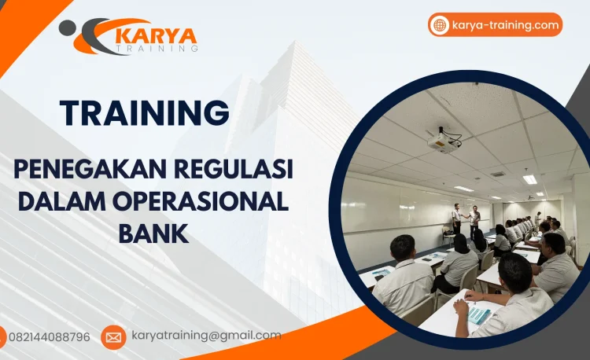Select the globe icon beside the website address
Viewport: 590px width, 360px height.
point(440,25)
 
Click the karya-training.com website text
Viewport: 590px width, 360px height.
point(505,25)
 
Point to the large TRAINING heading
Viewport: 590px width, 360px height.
point(145,112)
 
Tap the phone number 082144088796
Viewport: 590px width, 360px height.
point(49,337)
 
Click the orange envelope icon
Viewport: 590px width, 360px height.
point(113,337)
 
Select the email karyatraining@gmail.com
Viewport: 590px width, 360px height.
point(206,336)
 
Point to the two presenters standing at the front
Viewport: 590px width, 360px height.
point(465,219)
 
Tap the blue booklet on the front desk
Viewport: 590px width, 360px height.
point(480,314)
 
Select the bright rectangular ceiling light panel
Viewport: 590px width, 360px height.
point(530,179)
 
